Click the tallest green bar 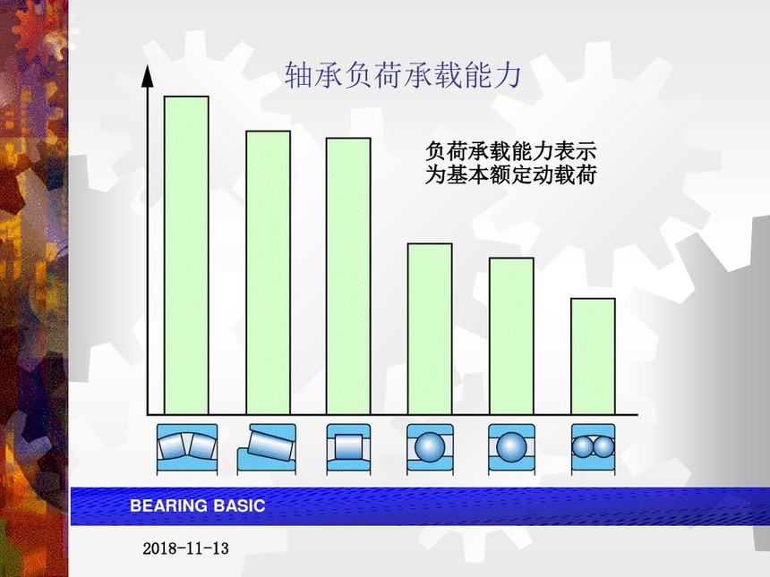(x=186, y=255)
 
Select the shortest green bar (x=593, y=356)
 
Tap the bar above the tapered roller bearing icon (x=268, y=273)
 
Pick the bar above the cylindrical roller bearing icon (x=348, y=276)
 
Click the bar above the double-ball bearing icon (x=593, y=356)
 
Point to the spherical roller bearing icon (x=186, y=449)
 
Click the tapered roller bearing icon (x=267, y=449)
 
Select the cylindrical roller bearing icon (x=348, y=449)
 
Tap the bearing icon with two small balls (x=593, y=449)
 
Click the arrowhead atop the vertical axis (x=148, y=76)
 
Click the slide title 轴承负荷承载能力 (x=403, y=75)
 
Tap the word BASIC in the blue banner (x=239, y=505)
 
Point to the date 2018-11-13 (x=185, y=548)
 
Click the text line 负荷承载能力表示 (x=510, y=151)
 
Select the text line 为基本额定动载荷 (x=510, y=175)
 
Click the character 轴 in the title (x=298, y=75)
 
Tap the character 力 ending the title (x=508, y=75)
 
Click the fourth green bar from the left (x=430, y=328)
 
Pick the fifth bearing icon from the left (x=511, y=449)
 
